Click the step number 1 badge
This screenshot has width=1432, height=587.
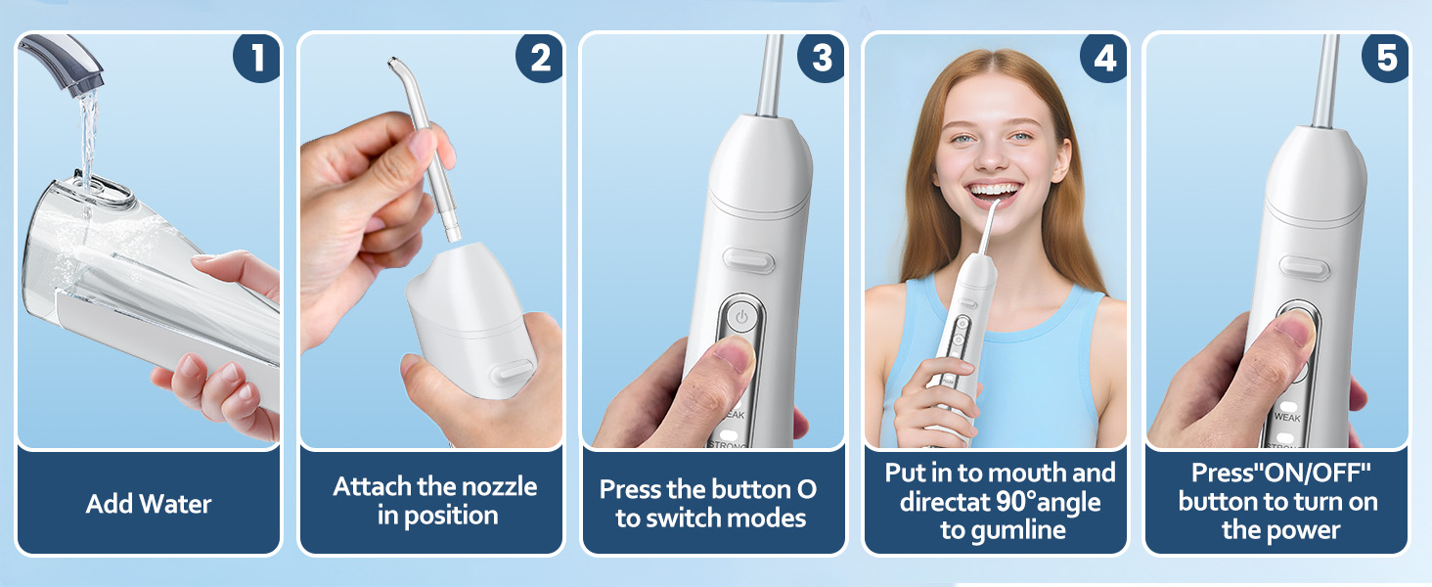coord(257,58)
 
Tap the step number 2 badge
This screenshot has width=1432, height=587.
coord(540,58)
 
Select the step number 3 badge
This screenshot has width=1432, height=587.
coord(822,58)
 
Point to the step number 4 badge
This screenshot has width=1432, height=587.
coord(1104,58)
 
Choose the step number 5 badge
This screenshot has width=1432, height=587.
coord(1385,58)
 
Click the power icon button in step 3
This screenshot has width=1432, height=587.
coord(741,317)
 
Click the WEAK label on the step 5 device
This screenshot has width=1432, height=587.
coord(1287,418)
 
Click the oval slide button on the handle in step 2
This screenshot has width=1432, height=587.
coord(515,371)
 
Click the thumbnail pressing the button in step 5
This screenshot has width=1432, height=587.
coord(1295,328)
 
